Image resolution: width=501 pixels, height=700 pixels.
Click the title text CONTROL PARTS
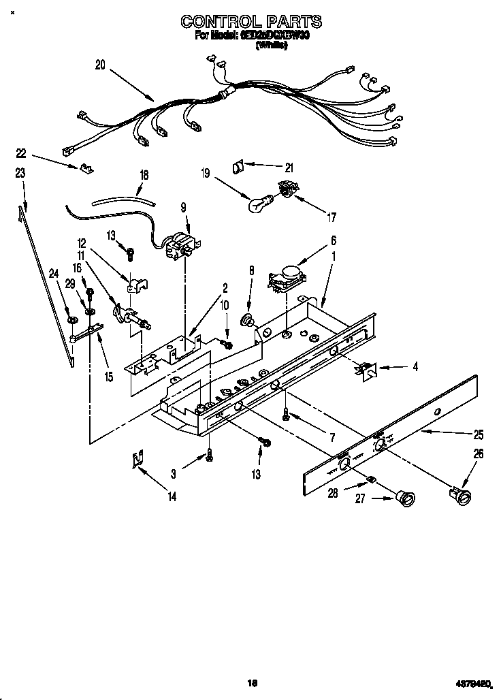[x=251, y=22]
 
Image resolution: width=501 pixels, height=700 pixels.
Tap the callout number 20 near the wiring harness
[x=100, y=65]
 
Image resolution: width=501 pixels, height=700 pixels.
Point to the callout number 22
[x=20, y=153]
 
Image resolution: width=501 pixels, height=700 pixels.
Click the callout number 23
[x=20, y=174]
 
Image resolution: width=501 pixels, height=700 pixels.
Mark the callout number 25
[x=479, y=434]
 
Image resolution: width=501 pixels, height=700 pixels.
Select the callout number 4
[x=415, y=366]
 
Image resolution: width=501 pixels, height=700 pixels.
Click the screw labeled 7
[x=287, y=413]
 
